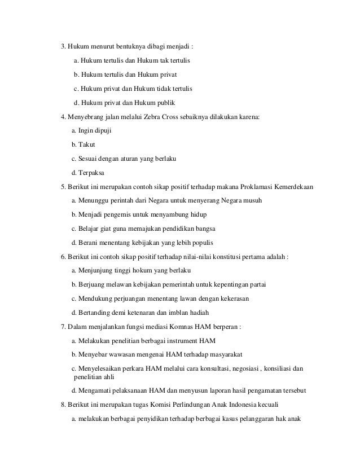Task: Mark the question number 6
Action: [64, 256]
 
